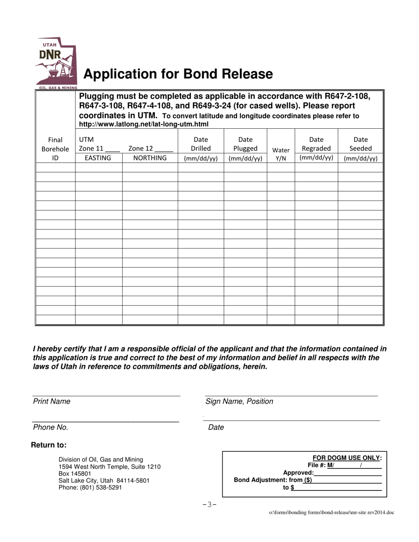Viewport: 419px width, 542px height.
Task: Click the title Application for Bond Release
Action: click(x=178, y=74)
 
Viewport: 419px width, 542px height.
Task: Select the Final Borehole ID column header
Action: click(x=55, y=149)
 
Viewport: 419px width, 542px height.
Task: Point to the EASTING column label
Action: click(x=98, y=158)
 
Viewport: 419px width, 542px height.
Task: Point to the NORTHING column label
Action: click(x=150, y=158)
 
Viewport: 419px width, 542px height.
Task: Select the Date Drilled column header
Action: click(x=201, y=149)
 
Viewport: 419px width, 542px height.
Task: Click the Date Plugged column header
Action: click(x=245, y=149)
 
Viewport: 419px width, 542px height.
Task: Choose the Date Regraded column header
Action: click(x=316, y=148)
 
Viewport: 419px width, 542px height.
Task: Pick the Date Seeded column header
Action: click(x=360, y=149)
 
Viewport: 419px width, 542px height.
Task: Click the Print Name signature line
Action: click(x=106, y=395)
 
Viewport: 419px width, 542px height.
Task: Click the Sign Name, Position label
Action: click(x=239, y=401)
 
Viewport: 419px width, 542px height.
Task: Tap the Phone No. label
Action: click(x=51, y=427)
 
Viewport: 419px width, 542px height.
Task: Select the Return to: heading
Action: click(x=49, y=445)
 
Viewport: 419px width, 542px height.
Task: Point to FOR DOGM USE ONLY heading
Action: click(x=347, y=458)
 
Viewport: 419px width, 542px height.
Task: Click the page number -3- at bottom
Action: click(x=209, y=505)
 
